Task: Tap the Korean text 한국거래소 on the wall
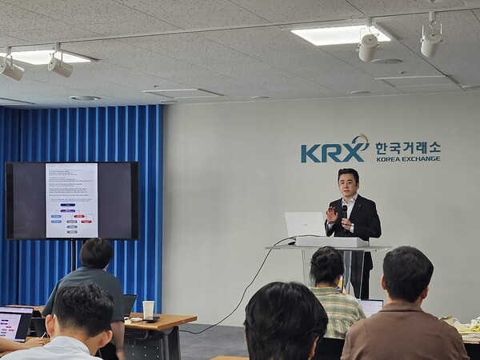pos(407,147)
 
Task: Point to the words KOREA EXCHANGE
pos(407,158)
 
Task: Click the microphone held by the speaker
pos(345,210)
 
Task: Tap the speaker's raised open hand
pos(331,214)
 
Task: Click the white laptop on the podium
pos(304,224)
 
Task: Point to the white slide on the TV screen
pos(71,200)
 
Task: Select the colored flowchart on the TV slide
pos(71,218)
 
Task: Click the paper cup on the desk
pos(148,309)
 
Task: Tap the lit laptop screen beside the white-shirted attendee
pos(14,323)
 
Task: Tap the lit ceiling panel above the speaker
pos(339,34)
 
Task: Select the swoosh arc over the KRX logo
pos(360,142)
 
